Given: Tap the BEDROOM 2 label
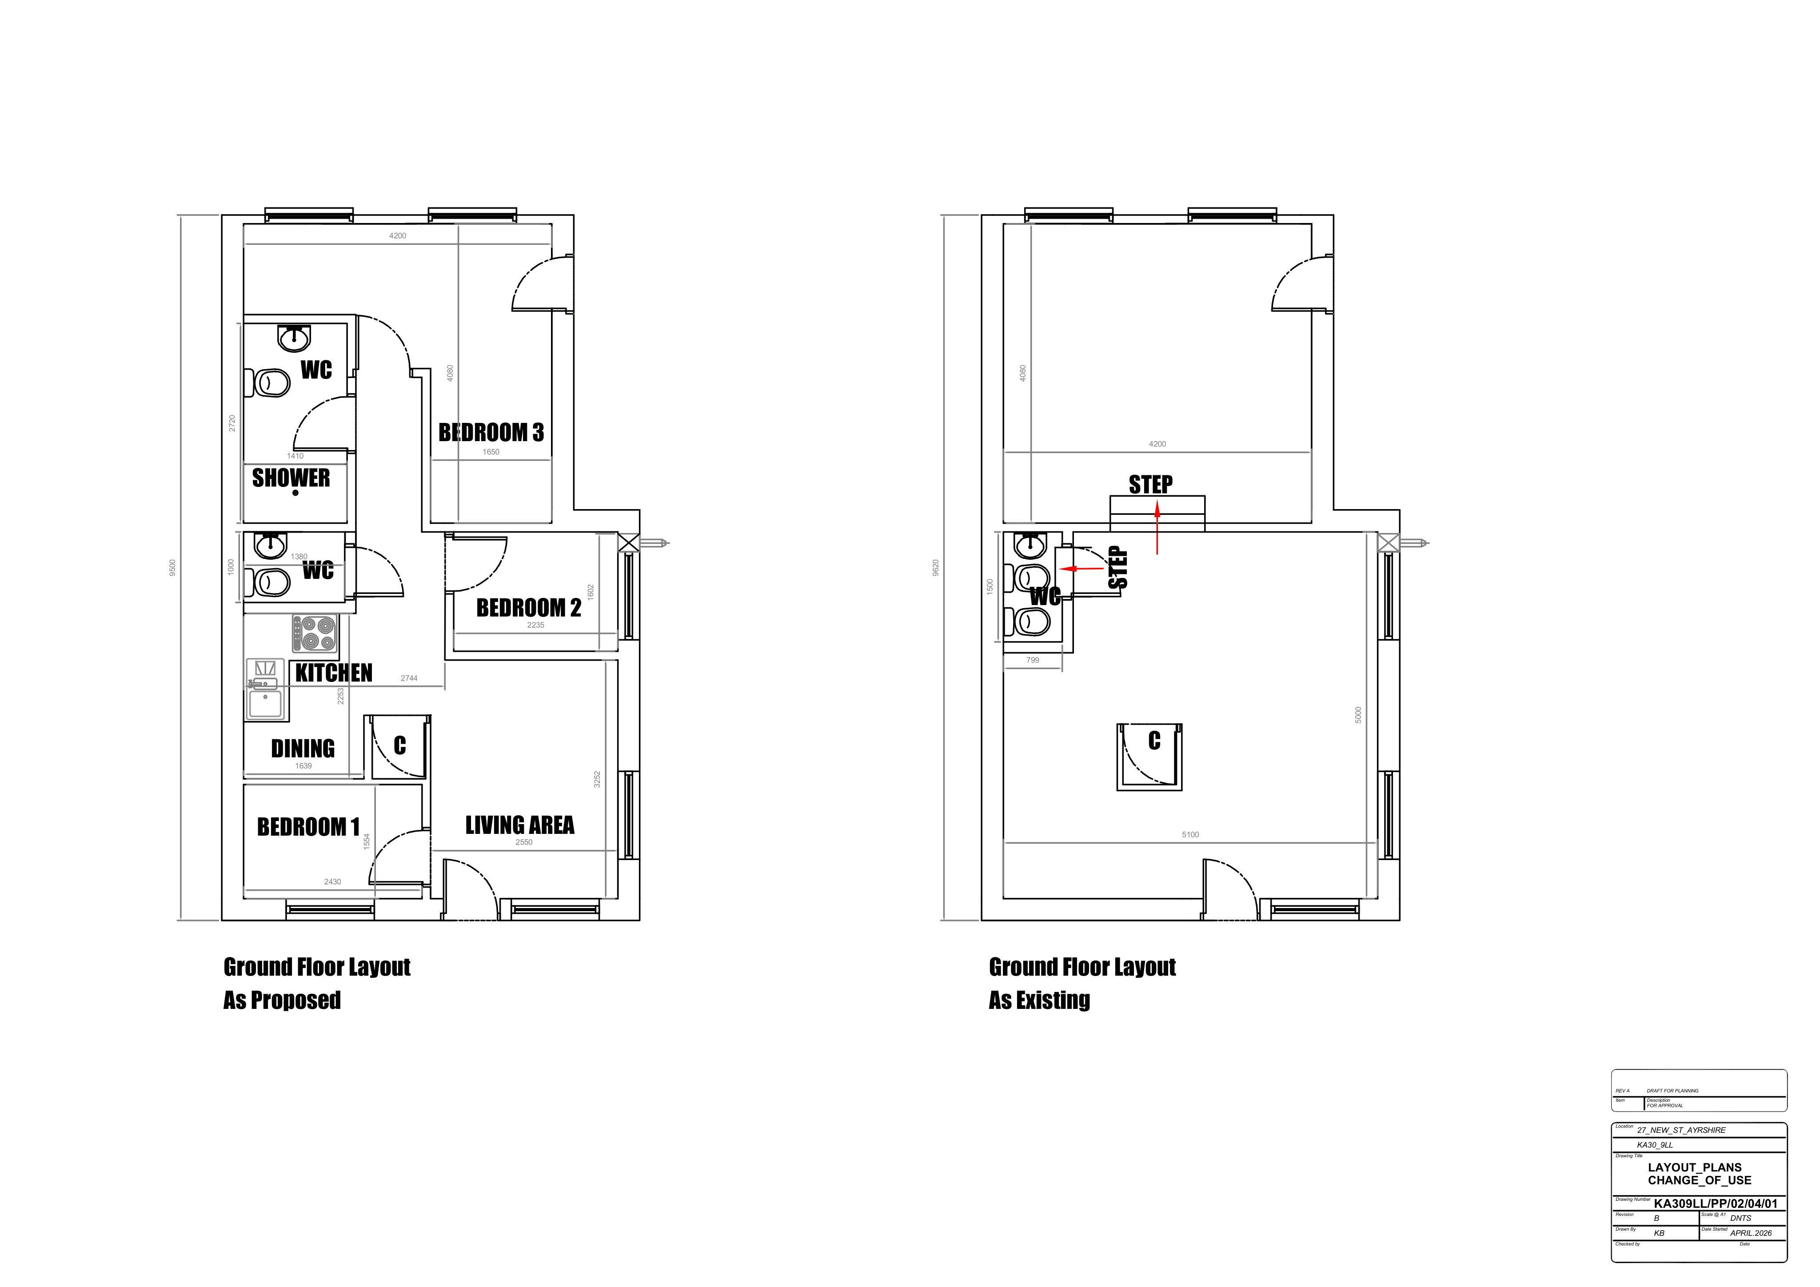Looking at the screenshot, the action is click(529, 608).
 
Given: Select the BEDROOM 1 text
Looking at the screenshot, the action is click(308, 827).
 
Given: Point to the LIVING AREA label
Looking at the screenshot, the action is click(519, 825).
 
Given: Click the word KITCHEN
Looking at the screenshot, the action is click(334, 673).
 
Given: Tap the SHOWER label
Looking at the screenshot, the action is click(291, 478).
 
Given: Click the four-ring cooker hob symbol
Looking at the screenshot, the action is click(315, 633).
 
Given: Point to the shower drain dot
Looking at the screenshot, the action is click(295, 493).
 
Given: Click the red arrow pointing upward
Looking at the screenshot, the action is click(1157, 530).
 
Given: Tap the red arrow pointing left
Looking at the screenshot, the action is click(1082, 568).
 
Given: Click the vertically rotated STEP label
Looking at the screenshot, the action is click(1118, 567).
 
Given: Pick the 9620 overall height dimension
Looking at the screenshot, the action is click(935, 567).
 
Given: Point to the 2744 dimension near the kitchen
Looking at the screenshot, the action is click(409, 678).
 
